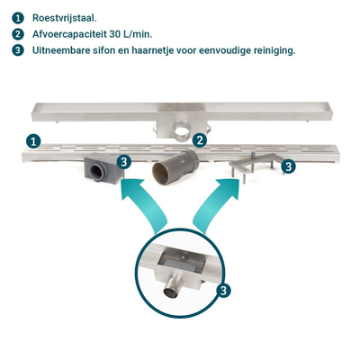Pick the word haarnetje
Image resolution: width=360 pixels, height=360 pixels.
point(170,50)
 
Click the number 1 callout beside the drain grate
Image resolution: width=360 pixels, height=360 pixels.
point(32,140)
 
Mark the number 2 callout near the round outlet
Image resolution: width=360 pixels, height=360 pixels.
point(200,139)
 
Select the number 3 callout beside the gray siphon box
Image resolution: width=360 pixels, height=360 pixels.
point(124,162)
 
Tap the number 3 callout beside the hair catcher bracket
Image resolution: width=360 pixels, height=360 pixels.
point(287,166)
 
